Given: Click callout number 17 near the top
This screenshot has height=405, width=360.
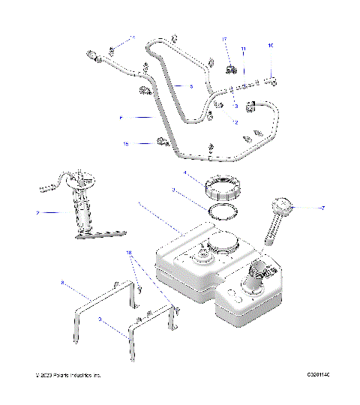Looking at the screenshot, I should [223, 38].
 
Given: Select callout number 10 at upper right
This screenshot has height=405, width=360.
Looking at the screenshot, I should [271, 46].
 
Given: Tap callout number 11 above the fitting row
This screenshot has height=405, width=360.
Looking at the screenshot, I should [243, 49].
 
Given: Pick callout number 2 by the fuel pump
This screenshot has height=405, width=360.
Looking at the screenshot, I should [37, 213].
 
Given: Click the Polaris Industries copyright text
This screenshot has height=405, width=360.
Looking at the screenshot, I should [67, 374].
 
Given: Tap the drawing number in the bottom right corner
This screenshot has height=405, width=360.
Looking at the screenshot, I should [319, 374].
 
